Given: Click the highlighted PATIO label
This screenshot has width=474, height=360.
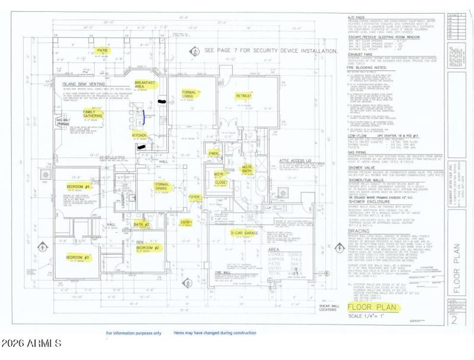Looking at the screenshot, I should point(103,52).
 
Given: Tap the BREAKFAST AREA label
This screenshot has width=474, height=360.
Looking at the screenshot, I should point(145,85).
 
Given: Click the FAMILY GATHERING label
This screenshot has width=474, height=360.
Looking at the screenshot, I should point(92,114).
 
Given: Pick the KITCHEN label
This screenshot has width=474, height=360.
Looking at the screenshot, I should point(139,135).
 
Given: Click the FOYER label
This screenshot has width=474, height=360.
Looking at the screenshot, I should point(194,198).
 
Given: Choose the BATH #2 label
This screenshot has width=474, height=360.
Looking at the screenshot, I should point(142,225).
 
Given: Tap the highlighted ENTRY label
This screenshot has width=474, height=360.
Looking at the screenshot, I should point(186,223).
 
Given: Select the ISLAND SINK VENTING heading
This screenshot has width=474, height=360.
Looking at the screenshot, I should point(83,85).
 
